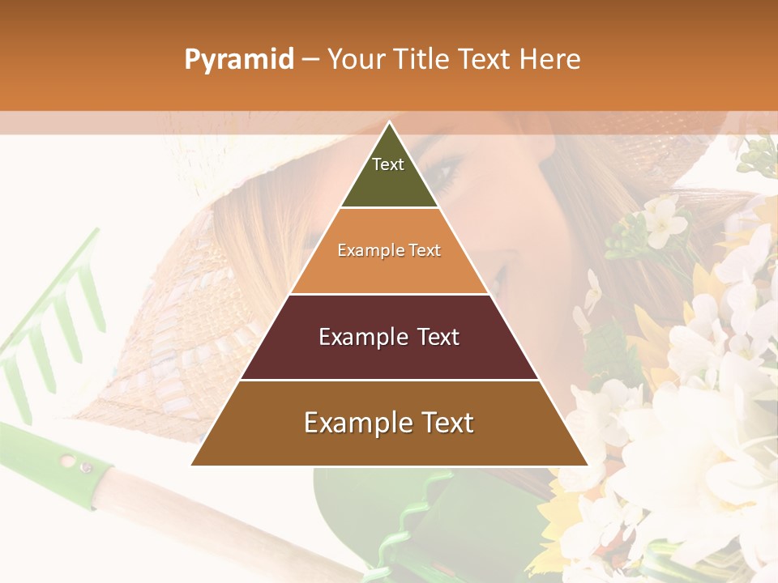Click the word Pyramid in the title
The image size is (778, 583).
point(238,60)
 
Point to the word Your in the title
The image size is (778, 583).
point(354,60)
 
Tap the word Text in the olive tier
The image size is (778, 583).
point(388,164)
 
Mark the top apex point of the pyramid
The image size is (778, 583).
point(389,123)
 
